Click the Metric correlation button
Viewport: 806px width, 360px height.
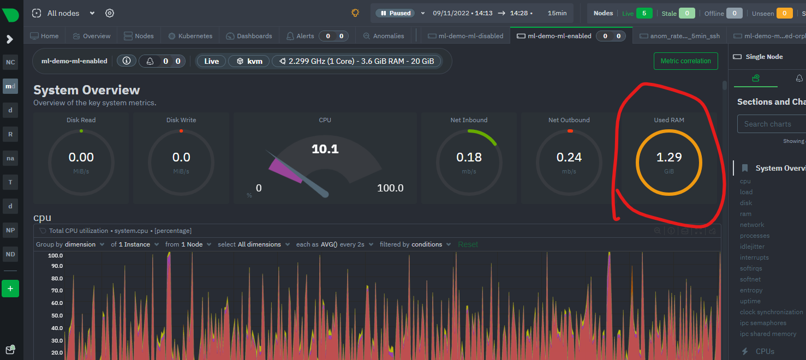(685, 61)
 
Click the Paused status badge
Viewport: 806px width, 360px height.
(395, 13)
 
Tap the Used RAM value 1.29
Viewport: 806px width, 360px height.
(668, 157)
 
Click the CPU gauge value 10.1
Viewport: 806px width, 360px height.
(325, 149)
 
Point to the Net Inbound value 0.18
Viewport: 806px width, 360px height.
(469, 157)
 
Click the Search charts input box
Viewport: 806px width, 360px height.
(771, 124)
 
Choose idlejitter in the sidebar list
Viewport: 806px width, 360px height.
(752, 247)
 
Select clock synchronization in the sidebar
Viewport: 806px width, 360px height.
(771, 312)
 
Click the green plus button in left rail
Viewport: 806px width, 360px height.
(10, 289)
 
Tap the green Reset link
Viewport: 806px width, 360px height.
(468, 244)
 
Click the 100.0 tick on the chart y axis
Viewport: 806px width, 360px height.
(55, 255)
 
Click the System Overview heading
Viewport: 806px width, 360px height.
(87, 90)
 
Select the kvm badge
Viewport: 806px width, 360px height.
(249, 61)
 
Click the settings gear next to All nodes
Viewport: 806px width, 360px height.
(110, 13)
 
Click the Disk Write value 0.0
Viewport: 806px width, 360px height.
(181, 157)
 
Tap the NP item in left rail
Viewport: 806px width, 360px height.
(10, 230)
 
